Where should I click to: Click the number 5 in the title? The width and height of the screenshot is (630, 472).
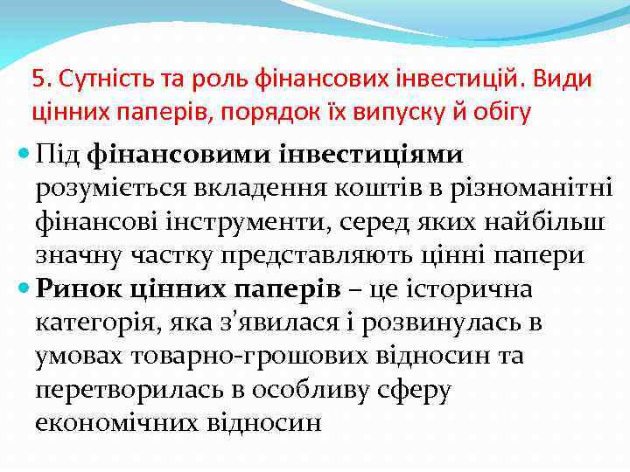coord(37,79)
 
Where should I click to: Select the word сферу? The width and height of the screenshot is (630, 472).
coord(415,390)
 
